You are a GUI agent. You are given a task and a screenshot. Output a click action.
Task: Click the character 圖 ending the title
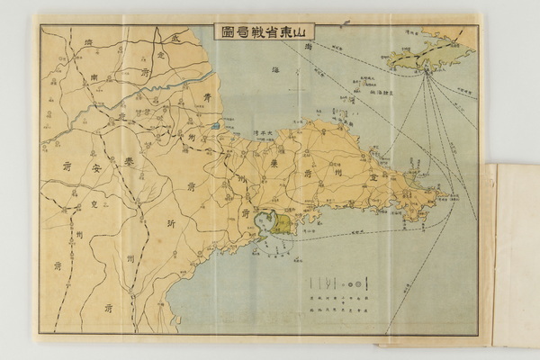click(x=226, y=31)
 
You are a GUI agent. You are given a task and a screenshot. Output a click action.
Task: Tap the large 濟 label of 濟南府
click(x=85, y=43)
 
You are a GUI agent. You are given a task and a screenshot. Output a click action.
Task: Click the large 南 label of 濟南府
click(x=95, y=78)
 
